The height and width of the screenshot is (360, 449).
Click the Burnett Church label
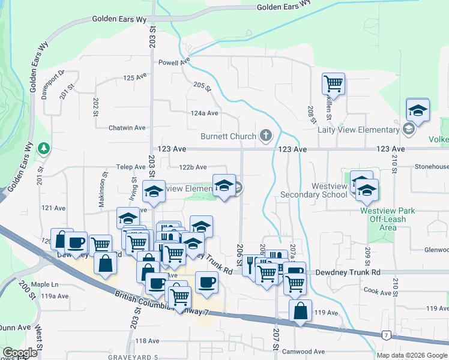[228, 136]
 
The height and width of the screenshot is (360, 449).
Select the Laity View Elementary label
[367, 130]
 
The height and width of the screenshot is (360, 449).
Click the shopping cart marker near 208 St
[333, 83]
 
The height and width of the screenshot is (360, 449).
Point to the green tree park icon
[43, 148]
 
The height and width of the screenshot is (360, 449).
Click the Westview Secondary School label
[313, 191]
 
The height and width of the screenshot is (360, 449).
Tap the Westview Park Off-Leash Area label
[387, 219]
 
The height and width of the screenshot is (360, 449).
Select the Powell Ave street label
[174, 62]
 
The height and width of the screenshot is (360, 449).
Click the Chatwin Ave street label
[127, 128]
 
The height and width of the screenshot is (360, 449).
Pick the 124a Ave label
[204, 113]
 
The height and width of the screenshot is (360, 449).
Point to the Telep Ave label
[131, 167]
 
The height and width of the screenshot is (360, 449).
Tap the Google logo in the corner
[20, 353]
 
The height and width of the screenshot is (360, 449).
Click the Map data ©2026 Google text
[412, 355]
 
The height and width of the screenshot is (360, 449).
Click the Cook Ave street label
[377, 291]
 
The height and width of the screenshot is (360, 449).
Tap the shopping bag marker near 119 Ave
[300, 311]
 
